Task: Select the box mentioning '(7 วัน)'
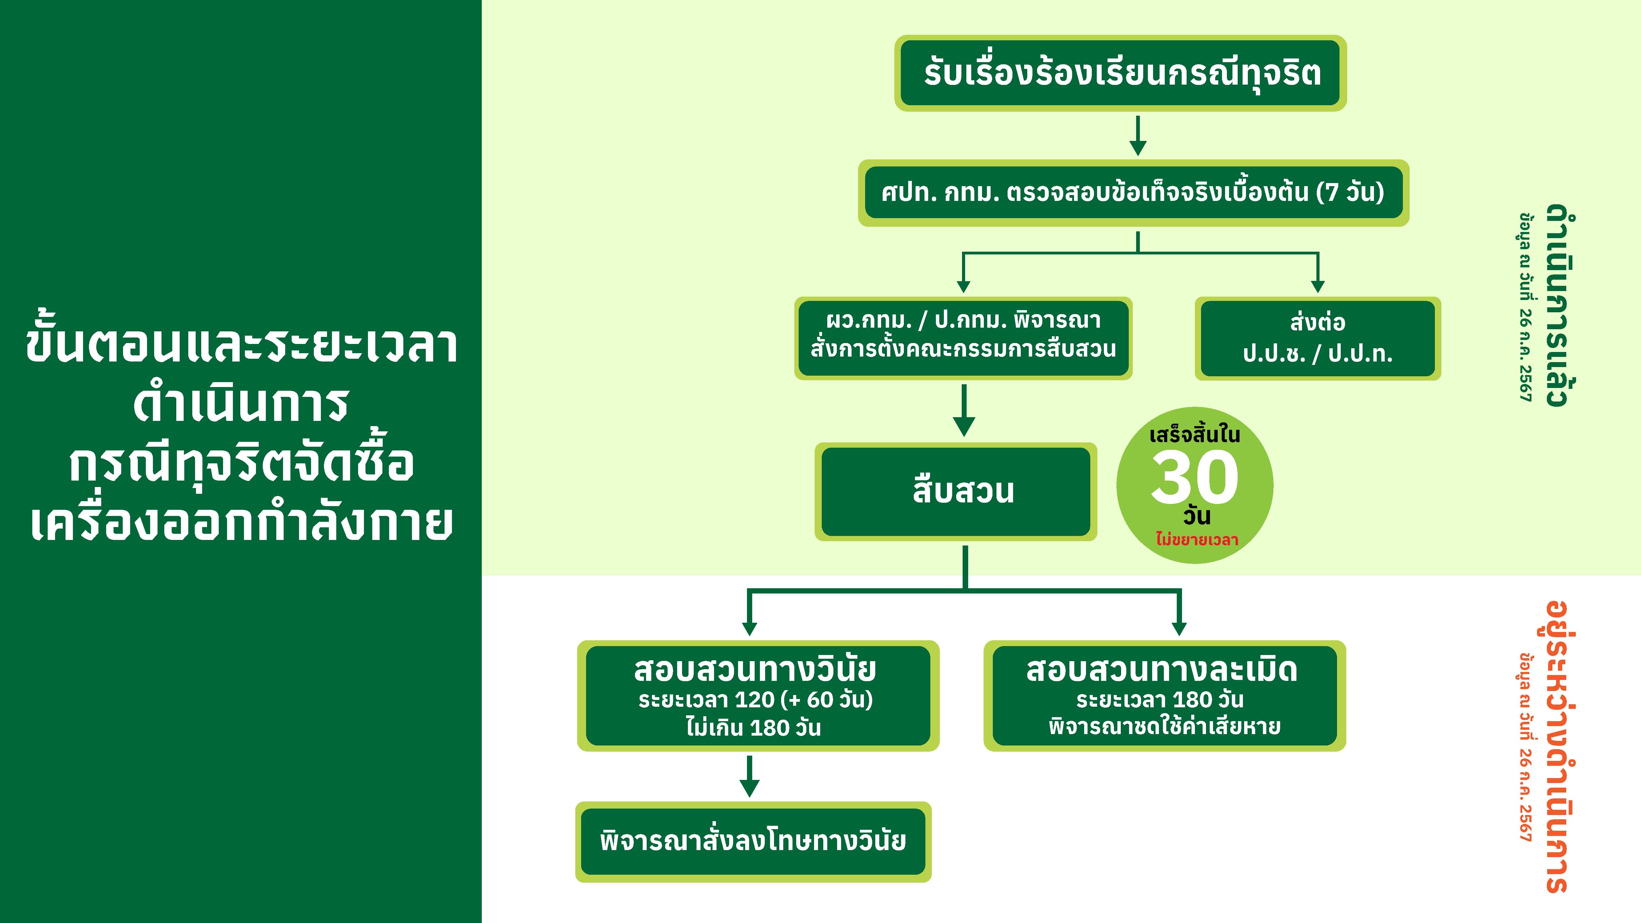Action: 1133,192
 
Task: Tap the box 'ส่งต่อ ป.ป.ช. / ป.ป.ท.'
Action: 1317,338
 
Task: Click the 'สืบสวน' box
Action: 956,491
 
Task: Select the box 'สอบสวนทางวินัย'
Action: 758,696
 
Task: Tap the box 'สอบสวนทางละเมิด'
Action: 1164,696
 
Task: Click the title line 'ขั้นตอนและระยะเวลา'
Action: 242,346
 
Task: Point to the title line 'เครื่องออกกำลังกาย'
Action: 242,524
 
